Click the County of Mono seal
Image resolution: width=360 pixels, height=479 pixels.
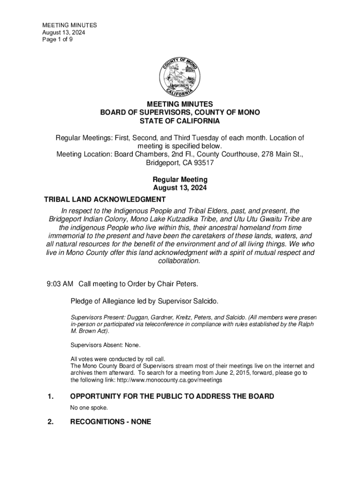coord(180,77)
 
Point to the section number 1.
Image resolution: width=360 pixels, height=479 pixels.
coord(50,397)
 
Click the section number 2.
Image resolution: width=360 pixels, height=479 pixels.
coord(50,421)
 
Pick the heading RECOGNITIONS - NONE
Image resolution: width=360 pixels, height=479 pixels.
coord(110,421)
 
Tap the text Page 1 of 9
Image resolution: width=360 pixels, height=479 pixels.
coord(58,40)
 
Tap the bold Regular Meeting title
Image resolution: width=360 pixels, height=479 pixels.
coord(180,180)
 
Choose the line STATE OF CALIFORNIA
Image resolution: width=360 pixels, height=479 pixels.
coord(180,121)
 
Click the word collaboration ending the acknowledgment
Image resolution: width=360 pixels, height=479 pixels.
coord(179,261)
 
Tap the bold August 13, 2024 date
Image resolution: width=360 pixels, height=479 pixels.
coord(180,188)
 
